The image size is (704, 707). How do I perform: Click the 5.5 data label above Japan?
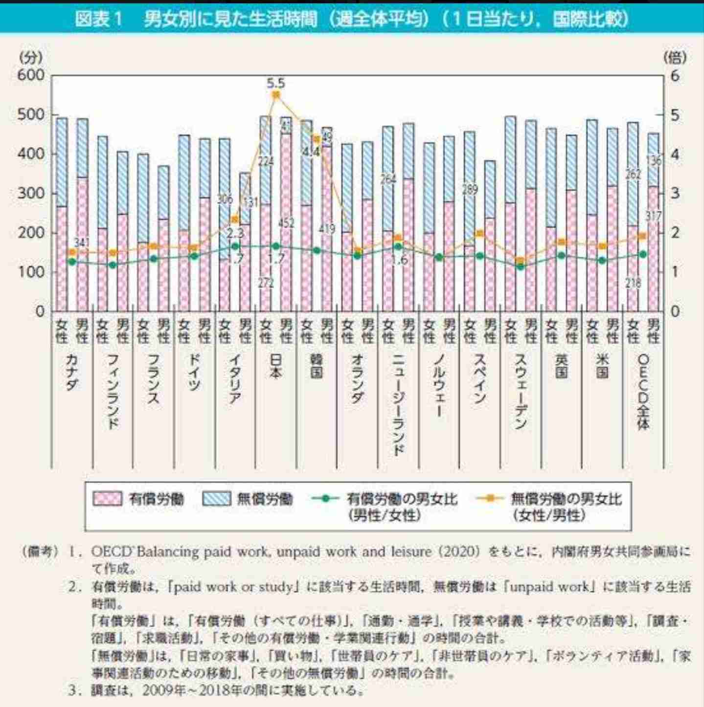click(276, 83)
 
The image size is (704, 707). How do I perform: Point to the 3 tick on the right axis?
click(675, 193)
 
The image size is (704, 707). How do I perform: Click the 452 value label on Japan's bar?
click(286, 223)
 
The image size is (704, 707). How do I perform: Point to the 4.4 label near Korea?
click(311, 152)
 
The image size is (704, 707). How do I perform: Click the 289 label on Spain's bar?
click(470, 189)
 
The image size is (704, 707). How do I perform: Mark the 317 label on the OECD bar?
click(654, 216)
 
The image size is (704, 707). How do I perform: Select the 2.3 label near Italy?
click(236, 234)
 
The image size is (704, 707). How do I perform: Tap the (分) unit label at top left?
click(30, 57)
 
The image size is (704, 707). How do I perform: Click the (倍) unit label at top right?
click(675, 57)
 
